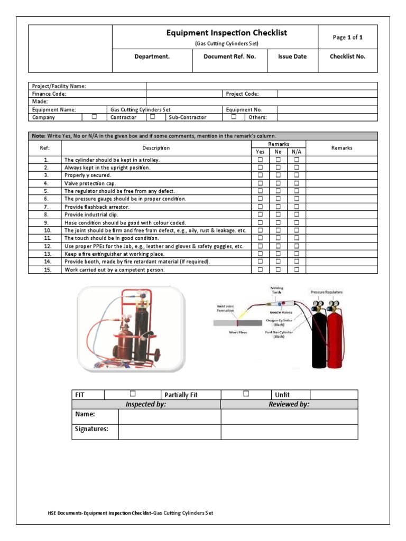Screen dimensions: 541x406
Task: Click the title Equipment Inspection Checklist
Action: (227, 33)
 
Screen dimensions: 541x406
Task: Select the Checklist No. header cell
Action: (347, 57)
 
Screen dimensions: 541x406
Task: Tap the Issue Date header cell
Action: (292, 57)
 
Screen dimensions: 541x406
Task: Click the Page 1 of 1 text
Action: (347, 38)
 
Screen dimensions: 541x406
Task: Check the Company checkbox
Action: (94, 117)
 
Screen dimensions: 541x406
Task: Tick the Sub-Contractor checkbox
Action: (234, 117)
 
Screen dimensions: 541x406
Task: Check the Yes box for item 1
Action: (260, 159)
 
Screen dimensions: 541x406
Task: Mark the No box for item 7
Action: (278, 207)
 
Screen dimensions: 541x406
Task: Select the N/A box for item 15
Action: (297, 269)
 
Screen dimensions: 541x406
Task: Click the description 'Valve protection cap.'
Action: (90, 183)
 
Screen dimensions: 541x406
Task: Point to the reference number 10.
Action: (46, 230)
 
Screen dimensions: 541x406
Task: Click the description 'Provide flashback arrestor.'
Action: (97, 207)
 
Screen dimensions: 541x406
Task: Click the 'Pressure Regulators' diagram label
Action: (327, 292)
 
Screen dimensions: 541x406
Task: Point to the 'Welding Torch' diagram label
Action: (277, 291)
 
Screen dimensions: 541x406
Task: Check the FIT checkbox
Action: (133, 394)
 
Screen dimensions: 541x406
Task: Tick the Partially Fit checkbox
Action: (246, 394)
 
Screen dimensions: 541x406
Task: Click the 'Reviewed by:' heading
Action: (289, 404)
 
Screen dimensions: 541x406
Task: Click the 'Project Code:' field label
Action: (243, 94)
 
